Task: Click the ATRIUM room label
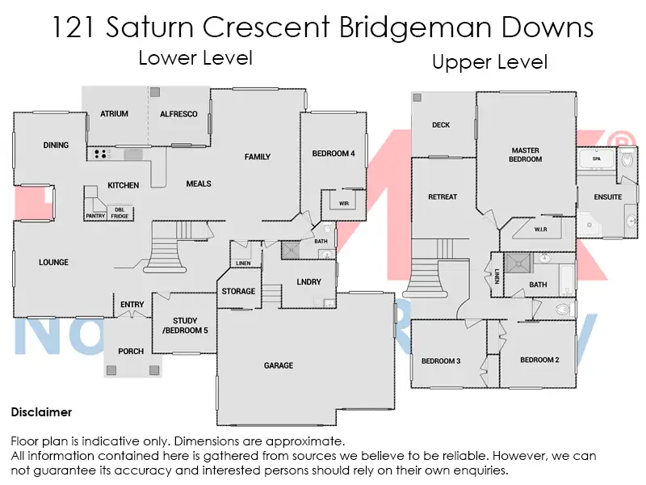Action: [x=114, y=114]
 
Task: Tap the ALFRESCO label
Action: [x=178, y=114]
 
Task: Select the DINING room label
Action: [x=56, y=145]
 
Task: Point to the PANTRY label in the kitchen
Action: [x=95, y=216]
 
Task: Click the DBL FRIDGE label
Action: [x=120, y=213]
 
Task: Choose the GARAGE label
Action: [x=279, y=365]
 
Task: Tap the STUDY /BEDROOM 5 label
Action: [x=184, y=326]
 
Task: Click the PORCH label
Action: [x=131, y=351]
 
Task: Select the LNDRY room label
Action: [x=308, y=282]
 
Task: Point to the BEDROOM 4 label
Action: [x=333, y=154]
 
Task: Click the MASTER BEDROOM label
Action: [x=526, y=154]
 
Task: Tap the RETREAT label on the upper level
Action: [x=443, y=197]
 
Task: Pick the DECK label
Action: [x=441, y=125]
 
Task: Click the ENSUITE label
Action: [x=608, y=197]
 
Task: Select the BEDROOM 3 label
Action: [x=441, y=361]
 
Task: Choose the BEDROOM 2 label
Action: [x=539, y=360]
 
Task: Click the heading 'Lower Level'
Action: [x=195, y=57]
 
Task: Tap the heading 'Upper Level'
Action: [x=490, y=62]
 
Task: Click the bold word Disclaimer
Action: [x=41, y=412]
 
